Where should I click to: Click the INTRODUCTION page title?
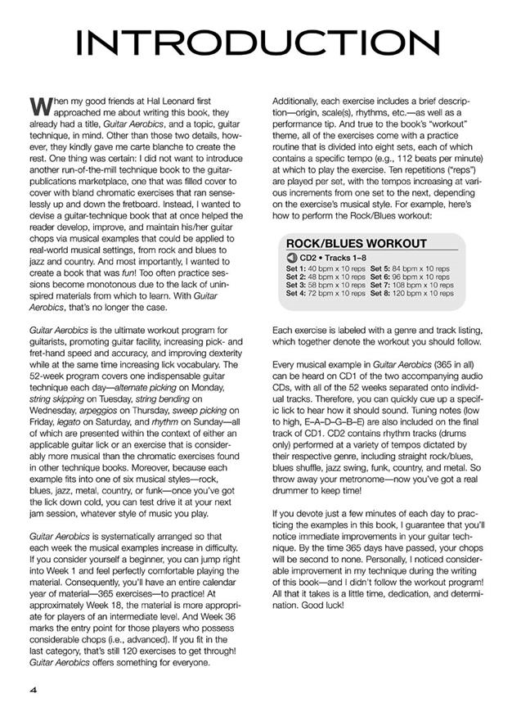coord(264,44)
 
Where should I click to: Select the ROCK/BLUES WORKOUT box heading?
coord(356,243)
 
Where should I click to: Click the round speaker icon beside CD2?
coord(292,258)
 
